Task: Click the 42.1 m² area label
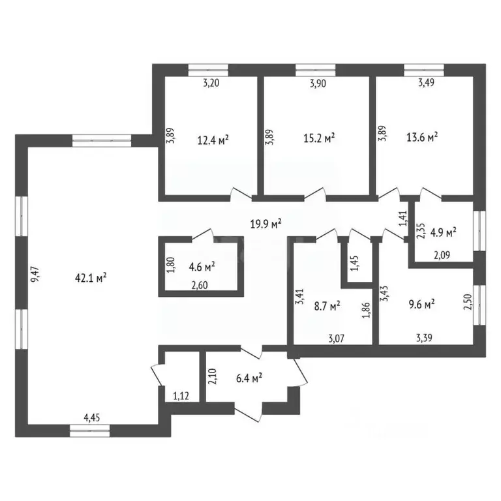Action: [91, 277]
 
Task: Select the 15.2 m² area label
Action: [320, 138]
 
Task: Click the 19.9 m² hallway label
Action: [266, 224]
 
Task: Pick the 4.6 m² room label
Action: [202, 266]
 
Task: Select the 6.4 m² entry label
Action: [249, 376]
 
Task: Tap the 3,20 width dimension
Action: [209, 83]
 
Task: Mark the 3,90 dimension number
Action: [316, 83]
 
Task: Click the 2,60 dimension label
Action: [200, 284]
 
